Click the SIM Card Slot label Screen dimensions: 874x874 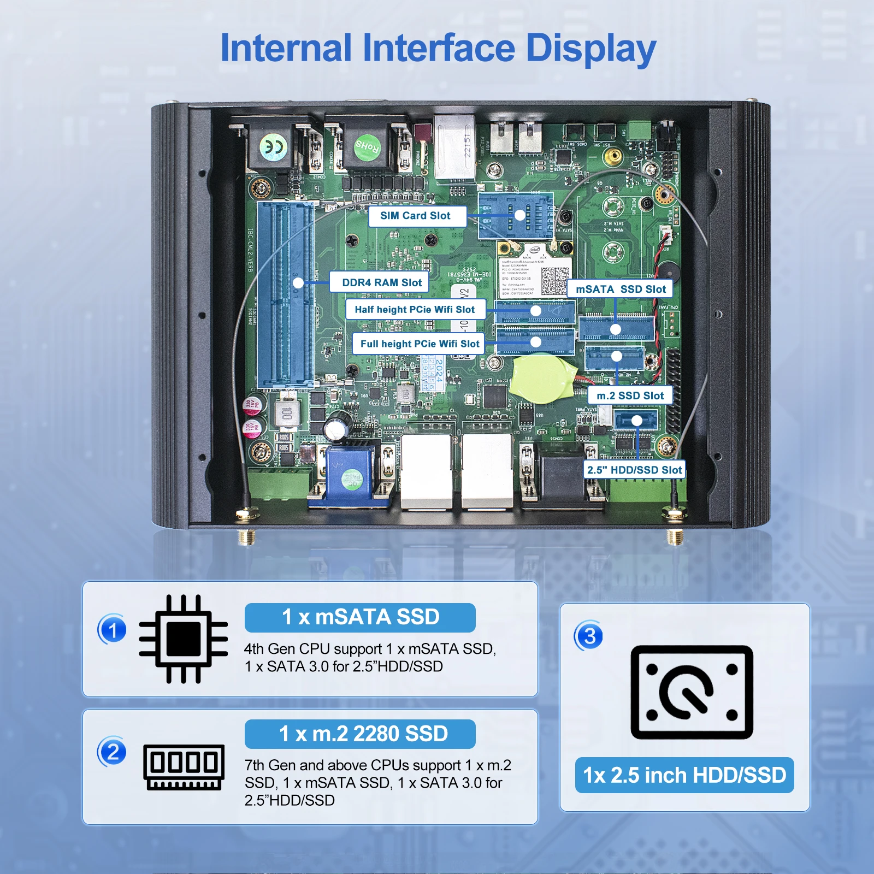[417, 216]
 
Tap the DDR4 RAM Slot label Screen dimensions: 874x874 [381, 282]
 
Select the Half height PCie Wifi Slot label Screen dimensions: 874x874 [415, 309]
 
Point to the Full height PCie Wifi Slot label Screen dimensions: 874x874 [419, 344]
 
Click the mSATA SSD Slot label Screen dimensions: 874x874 [621, 289]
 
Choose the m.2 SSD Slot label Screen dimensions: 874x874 [630, 395]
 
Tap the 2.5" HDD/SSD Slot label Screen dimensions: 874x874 [634, 470]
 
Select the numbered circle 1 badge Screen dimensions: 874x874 [113, 630]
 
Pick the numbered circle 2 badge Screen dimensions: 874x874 [113, 752]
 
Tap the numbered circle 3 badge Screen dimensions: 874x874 [589, 636]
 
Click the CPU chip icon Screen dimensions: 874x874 [183, 639]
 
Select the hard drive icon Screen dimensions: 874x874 [692, 692]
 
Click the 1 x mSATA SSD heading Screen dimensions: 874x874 [360, 617]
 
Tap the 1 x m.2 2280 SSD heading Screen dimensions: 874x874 [360, 734]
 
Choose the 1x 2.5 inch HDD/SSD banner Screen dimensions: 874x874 [684, 775]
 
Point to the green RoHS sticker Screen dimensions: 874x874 [367, 146]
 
